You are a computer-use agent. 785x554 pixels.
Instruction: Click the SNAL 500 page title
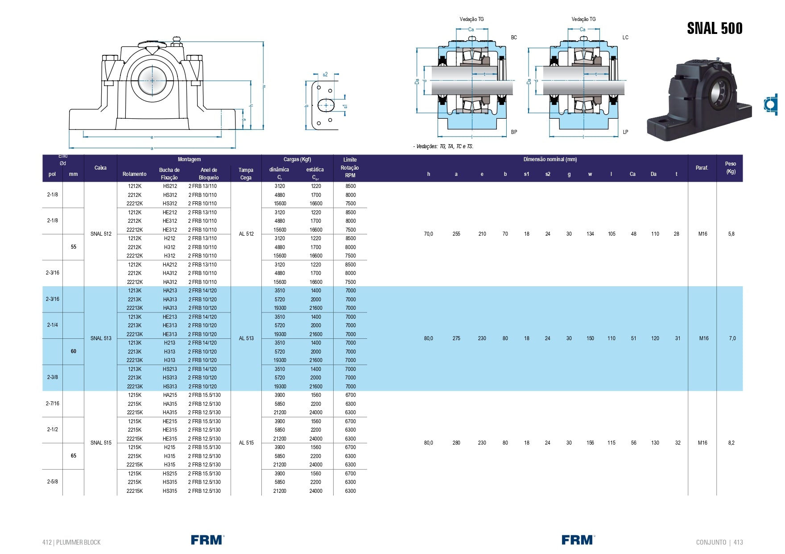click(x=714, y=29)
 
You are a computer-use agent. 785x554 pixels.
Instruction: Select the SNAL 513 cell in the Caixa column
click(x=101, y=338)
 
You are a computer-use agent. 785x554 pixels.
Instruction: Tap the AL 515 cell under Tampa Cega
click(x=246, y=443)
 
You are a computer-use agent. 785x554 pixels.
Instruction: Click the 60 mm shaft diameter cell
click(x=74, y=351)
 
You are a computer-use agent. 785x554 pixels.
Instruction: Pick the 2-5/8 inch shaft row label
click(x=52, y=482)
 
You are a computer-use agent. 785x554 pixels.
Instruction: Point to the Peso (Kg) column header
click(x=730, y=168)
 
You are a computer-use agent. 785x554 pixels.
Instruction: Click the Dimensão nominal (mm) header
click(x=550, y=159)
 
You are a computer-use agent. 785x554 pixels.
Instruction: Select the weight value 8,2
click(x=731, y=443)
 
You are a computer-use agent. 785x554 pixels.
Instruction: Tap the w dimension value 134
click(x=590, y=234)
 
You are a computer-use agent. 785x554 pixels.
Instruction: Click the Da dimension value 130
click(x=655, y=443)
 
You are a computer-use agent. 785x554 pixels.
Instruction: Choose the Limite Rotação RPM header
click(x=350, y=167)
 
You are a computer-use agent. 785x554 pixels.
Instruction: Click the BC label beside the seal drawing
click(x=514, y=37)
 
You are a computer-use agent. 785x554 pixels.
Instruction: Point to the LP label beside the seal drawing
click(x=625, y=132)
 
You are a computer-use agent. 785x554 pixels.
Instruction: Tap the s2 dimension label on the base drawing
click(x=325, y=75)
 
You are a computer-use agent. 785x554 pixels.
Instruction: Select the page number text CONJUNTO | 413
click(x=719, y=542)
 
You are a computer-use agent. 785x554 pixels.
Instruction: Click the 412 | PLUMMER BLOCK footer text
click(x=71, y=542)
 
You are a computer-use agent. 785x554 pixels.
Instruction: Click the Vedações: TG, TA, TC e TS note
click(x=443, y=146)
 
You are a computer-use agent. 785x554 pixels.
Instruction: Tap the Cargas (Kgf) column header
click(x=297, y=159)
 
